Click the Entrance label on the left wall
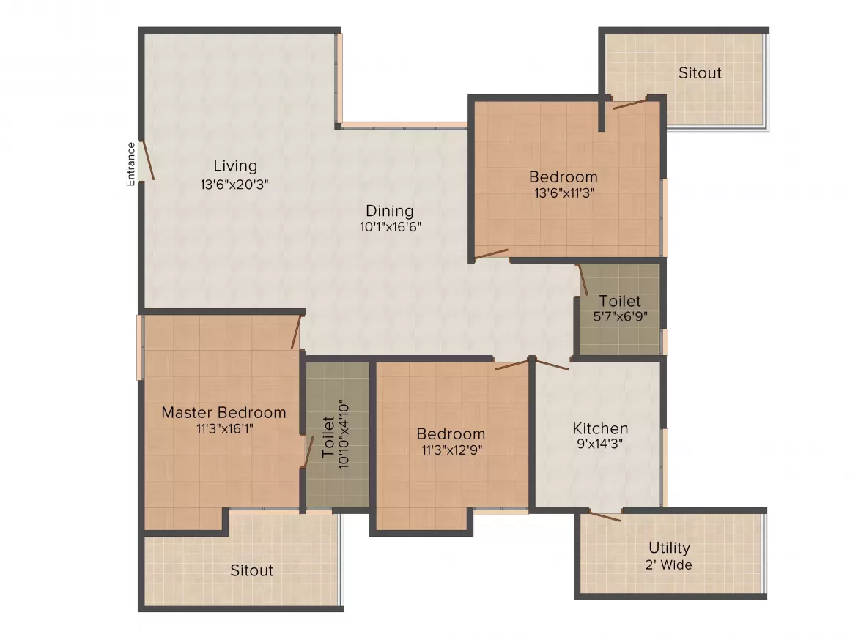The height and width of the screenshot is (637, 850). click(130, 164)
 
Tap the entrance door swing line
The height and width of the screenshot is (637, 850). click(149, 160)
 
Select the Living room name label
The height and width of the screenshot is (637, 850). click(235, 166)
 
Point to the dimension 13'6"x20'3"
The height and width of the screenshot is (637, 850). click(234, 185)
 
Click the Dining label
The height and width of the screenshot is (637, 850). click(389, 211)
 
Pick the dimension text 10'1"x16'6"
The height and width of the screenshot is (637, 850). click(391, 226)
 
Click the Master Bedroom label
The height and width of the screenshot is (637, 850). click(224, 412)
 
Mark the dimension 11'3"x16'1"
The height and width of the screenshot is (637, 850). click(224, 429)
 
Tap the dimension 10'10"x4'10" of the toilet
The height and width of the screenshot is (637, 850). click(344, 434)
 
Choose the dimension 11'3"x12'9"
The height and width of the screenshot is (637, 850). click(452, 450)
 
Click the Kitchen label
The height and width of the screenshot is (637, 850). click(601, 428)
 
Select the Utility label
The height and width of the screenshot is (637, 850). click(670, 548)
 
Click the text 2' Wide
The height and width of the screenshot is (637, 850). click(668, 565)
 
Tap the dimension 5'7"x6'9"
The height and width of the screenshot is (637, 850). click(620, 316)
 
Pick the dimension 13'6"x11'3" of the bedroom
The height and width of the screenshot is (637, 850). click(564, 193)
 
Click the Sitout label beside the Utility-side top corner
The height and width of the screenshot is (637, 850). click(700, 73)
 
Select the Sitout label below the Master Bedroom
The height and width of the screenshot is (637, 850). click(251, 570)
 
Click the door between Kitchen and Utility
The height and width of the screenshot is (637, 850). click(605, 516)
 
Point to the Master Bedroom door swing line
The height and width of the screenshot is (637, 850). click(296, 332)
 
